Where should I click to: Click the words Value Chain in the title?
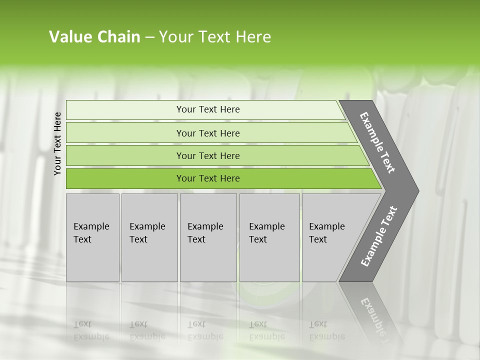[x=94, y=37]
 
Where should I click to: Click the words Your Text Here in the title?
[x=215, y=37]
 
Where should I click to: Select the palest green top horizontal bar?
[x=125, y=109]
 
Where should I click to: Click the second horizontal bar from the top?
[x=125, y=133]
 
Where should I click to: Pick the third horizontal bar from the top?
[x=125, y=155]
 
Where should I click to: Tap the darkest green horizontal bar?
[x=125, y=178]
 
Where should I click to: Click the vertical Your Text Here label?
[x=57, y=143]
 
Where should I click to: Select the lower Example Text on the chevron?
[x=379, y=236]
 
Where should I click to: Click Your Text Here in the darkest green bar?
[x=208, y=178]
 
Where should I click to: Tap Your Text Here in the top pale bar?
[x=208, y=109]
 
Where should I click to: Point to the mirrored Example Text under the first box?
[x=91, y=330]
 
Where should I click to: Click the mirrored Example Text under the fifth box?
[x=326, y=330]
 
